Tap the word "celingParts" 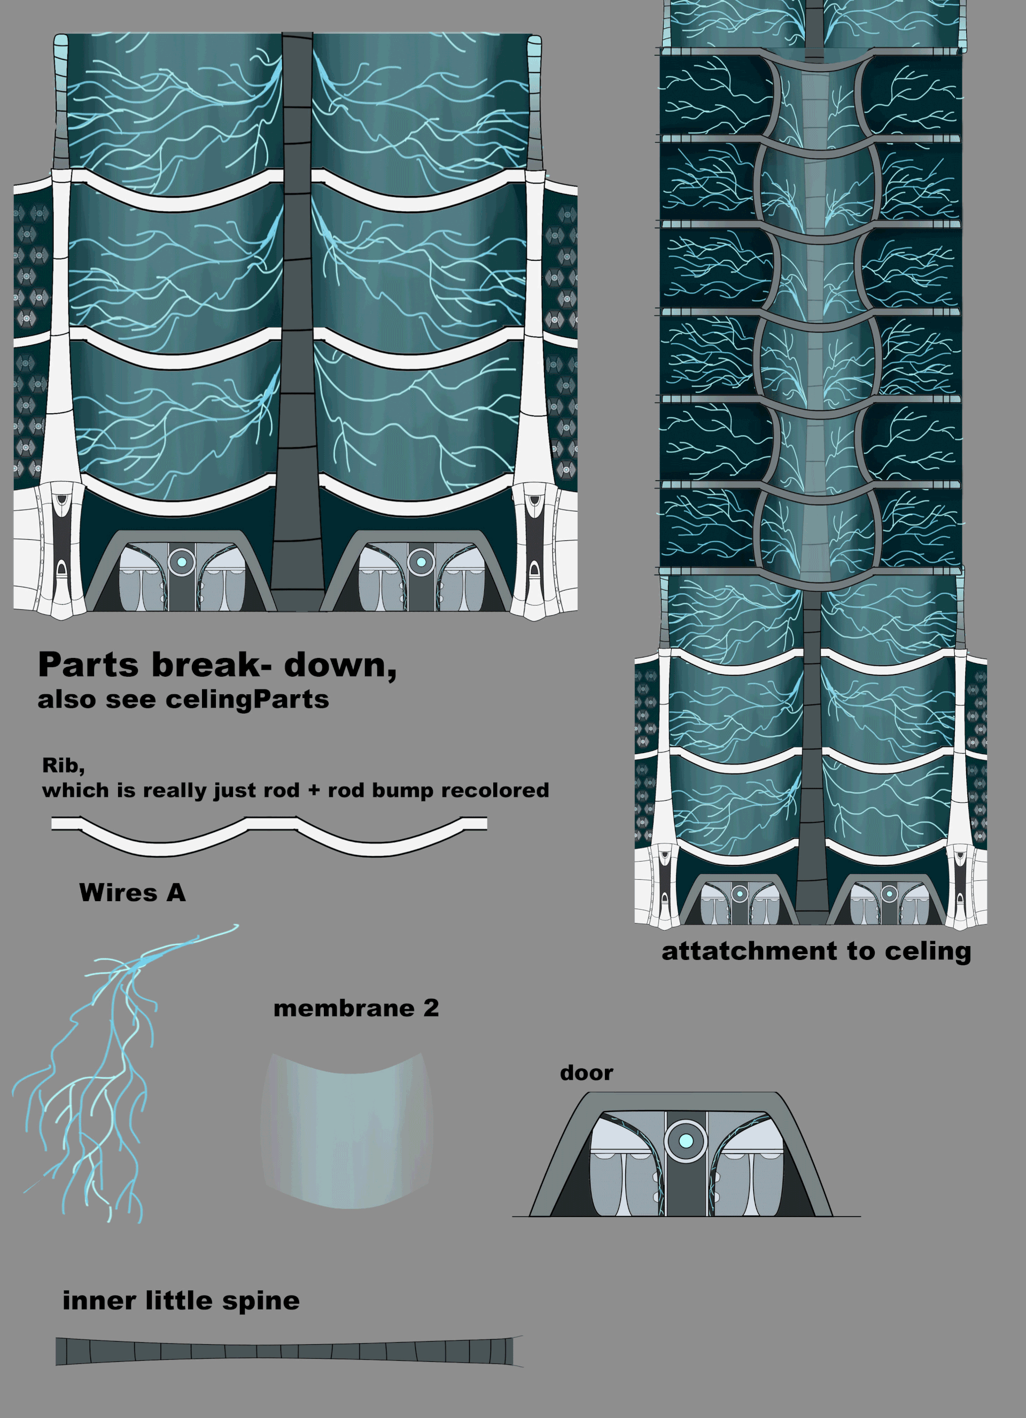click(247, 700)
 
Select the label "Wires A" click(132, 892)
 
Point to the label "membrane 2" click(356, 1008)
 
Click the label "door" click(586, 1073)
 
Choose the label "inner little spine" click(181, 1300)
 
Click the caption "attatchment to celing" click(816, 951)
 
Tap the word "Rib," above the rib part click(63, 765)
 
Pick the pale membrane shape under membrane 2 click(347, 1132)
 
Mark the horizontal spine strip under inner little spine click(287, 1351)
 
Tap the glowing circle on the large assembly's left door click(182, 561)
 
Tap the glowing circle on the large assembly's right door click(421, 561)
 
